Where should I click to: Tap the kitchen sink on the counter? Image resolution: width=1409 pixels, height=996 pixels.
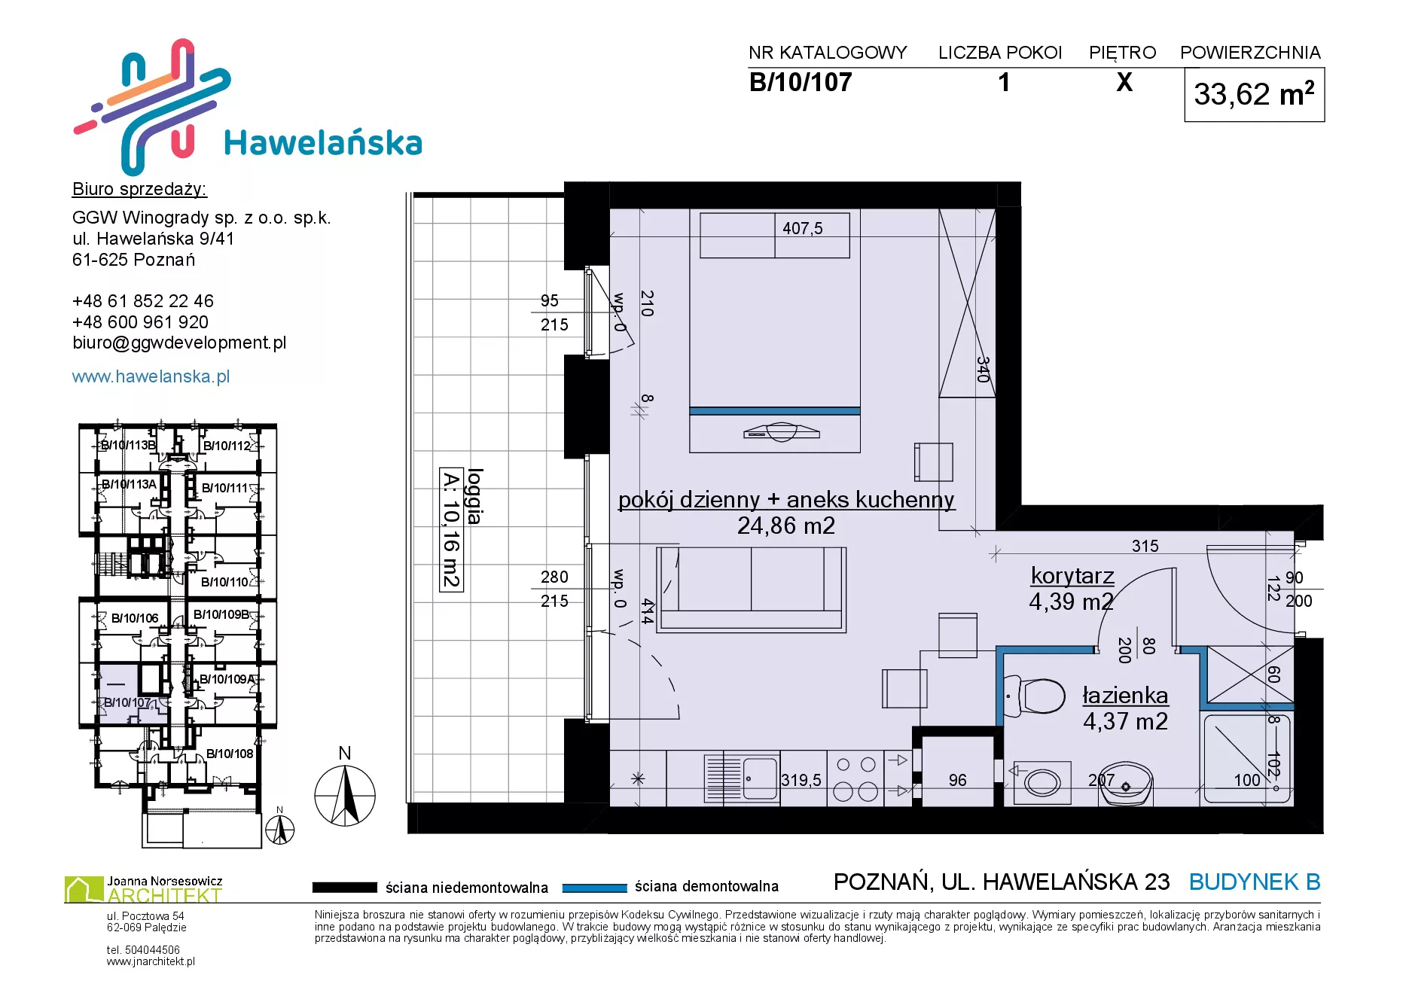[742, 778]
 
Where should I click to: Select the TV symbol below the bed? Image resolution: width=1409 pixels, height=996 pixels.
[781, 431]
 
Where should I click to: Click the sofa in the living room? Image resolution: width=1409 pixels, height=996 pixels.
[751, 589]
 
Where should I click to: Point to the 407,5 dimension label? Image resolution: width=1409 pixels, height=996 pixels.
[803, 228]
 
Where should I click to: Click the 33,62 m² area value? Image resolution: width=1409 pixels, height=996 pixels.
[1254, 94]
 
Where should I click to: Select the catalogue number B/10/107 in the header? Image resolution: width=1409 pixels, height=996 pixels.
[801, 82]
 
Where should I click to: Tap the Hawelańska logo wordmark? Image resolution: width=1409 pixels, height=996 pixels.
[323, 142]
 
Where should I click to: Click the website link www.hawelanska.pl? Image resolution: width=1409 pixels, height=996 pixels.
[151, 376]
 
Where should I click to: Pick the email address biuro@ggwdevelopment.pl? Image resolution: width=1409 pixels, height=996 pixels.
[179, 343]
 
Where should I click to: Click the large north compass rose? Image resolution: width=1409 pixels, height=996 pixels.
[345, 795]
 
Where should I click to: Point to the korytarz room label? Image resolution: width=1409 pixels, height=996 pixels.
[1072, 576]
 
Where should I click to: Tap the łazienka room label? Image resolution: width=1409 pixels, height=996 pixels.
[1125, 695]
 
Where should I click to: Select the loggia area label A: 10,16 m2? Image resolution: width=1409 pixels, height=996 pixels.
[451, 530]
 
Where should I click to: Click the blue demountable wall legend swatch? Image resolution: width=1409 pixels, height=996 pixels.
[594, 888]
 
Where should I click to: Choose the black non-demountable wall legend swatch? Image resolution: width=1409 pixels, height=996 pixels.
[344, 888]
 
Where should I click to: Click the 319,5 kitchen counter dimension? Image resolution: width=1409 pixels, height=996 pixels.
[801, 780]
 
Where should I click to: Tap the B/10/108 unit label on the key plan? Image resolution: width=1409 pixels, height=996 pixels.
[230, 754]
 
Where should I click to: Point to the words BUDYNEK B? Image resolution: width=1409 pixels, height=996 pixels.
[1255, 882]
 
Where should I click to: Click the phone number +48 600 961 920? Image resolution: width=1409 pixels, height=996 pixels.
[140, 322]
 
